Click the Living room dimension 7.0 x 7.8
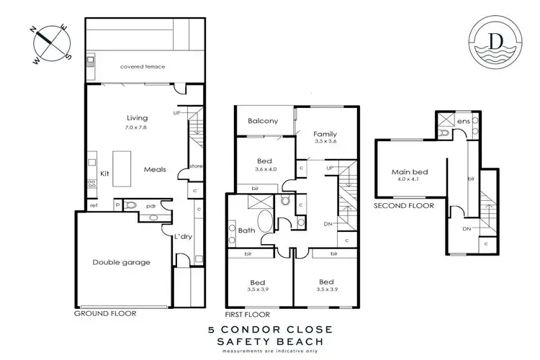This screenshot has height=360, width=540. [x=137, y=127]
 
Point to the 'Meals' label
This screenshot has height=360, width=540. [x=155, y=170]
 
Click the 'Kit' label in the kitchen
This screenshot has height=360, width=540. [x=104, y=174]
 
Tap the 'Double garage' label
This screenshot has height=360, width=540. [x=120, y=262]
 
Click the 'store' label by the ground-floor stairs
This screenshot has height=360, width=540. [x=195, y=166]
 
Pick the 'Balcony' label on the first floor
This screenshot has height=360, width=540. [x=263, y=121]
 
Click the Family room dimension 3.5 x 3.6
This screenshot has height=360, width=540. [x=325, y=143]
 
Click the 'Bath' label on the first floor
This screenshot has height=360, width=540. [x=246, y=230]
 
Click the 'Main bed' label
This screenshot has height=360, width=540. [x=406, y=172]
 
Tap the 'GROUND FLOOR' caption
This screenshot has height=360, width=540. [x=105, y=314]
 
